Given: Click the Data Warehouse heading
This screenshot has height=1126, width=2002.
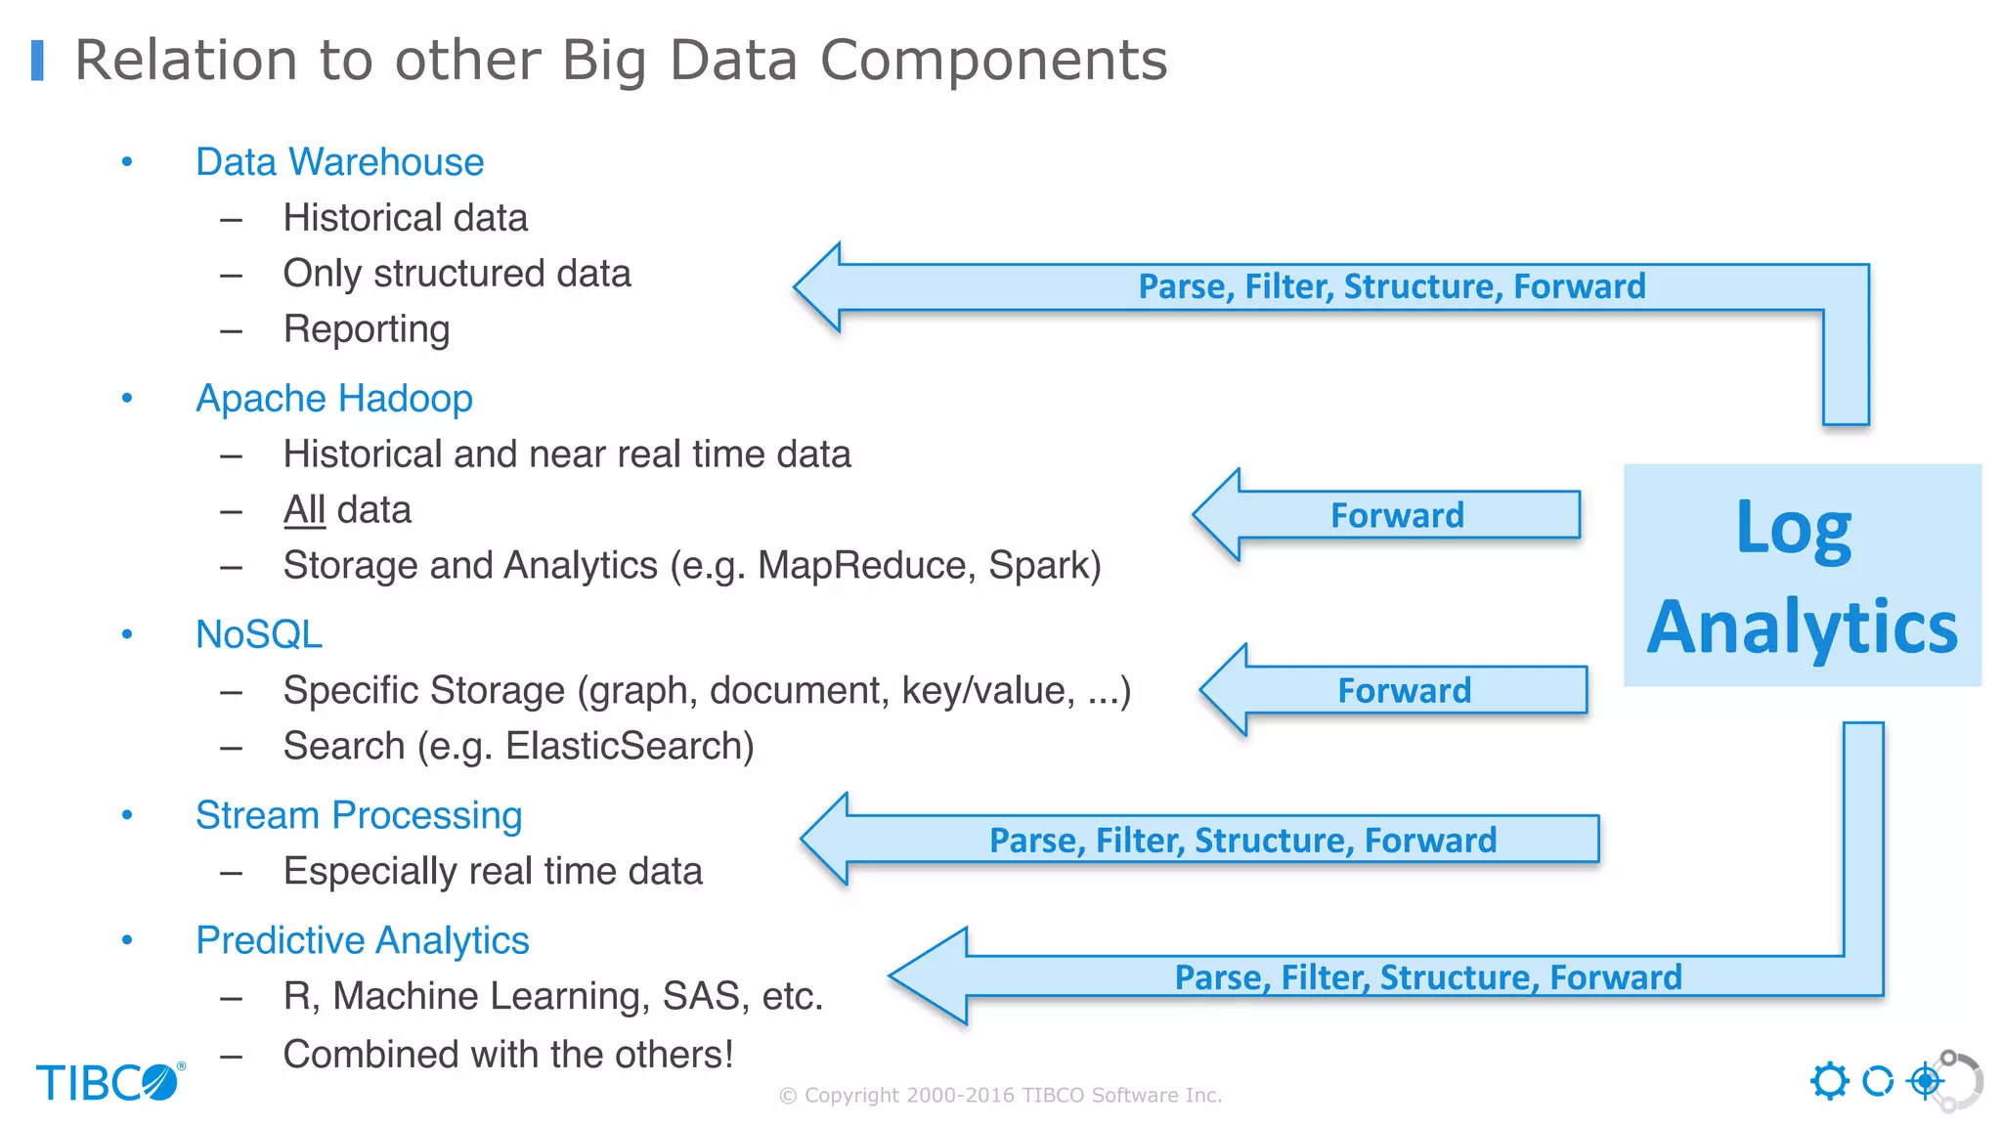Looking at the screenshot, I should point(339,162).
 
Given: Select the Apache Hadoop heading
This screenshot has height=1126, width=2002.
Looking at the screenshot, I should point(333,399).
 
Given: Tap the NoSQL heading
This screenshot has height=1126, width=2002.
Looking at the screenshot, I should point(258,635).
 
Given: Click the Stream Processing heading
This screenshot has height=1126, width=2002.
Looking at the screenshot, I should point(358,815).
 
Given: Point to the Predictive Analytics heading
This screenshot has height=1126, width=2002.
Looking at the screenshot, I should point(362,940).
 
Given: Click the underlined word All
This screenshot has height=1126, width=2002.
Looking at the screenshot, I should point(304,510).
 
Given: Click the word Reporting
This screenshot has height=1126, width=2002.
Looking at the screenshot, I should point(366,330).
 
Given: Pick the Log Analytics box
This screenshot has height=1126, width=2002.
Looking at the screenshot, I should point(1802,576).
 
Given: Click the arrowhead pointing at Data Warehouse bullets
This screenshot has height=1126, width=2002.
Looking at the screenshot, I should point(821,287).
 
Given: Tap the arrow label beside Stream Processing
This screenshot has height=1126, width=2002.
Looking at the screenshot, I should point(1241,841).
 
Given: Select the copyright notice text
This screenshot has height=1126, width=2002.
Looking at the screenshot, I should point(1000,1096).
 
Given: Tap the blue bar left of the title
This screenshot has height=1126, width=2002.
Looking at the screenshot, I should point(38,61).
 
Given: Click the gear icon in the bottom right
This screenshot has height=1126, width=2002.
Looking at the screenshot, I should point(1829,1081).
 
